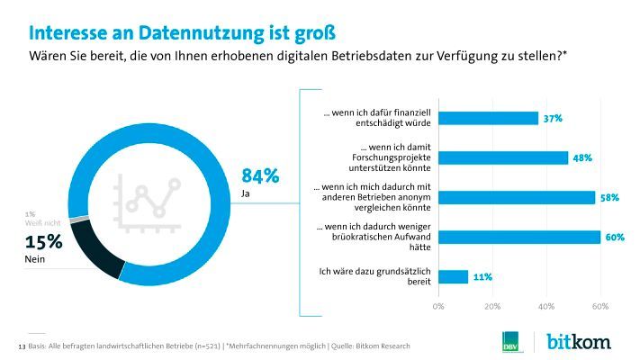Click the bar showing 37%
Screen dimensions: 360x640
click(488, 118)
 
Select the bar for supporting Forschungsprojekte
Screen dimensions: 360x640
click(503, 157)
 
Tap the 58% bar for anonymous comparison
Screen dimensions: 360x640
click(517, 197)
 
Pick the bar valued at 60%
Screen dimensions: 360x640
click(519, 237)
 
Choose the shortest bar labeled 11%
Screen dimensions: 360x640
click(453, 276)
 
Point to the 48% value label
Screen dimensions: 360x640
click(582, 157)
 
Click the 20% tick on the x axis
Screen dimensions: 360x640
click(492, 306)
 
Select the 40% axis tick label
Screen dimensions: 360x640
click(545, 306)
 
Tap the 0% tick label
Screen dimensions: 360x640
click(439, 306)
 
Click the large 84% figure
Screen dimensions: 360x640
click(260, 175)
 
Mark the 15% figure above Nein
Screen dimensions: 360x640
click(43, 241)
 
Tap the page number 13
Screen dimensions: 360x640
click(22, 346)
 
